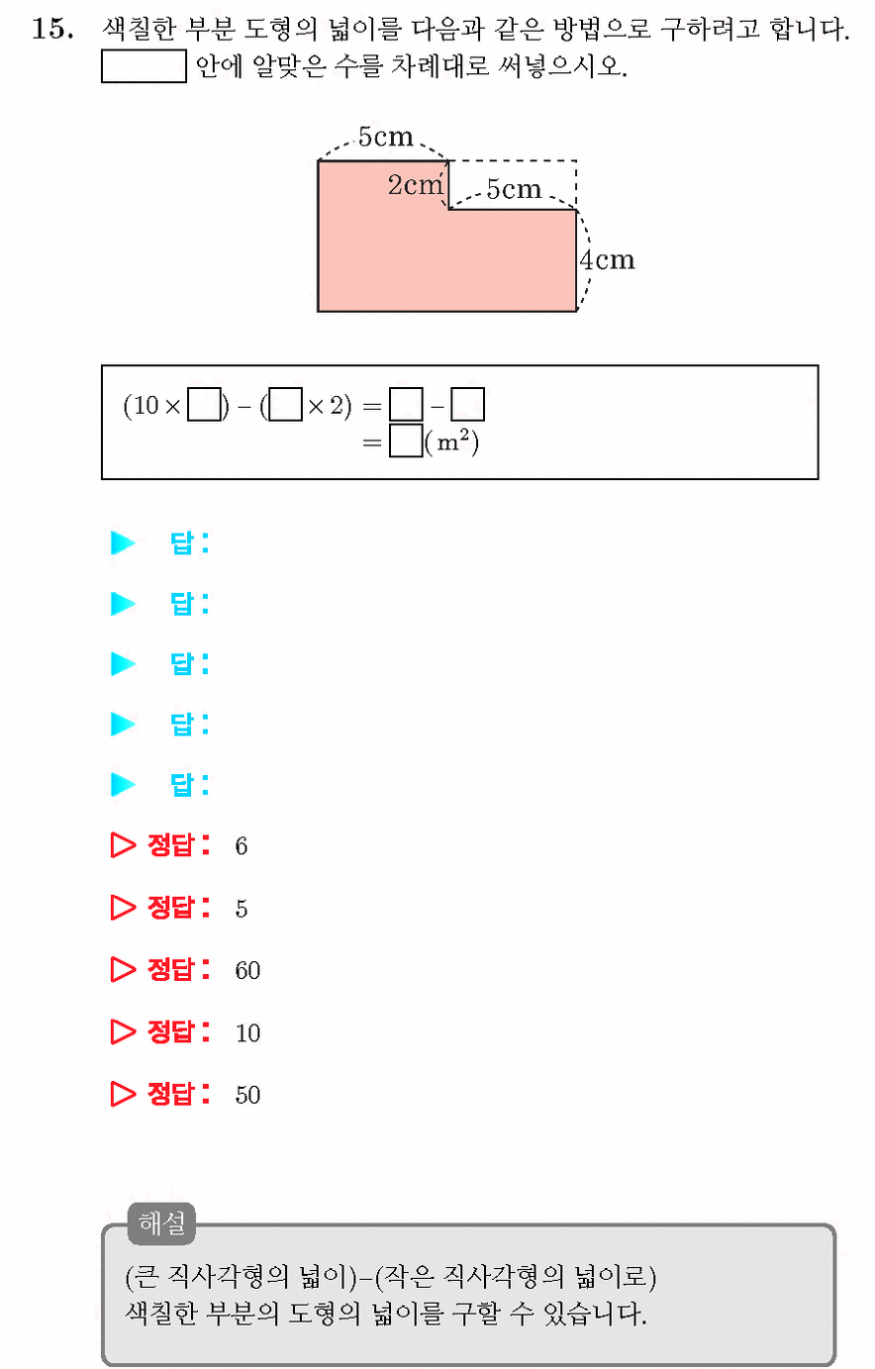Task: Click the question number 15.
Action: pyautogui.click(x=52, y=29)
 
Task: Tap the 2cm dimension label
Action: pyautogui.click(x=416, y=184)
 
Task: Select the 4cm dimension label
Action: pyautogui.click(x=608, y=259)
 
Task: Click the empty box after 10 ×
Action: pyautogui.click(x=204, y=405)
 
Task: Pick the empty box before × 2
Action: pyautogui.click(x=285, y=405)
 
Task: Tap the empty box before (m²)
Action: pyautogui.click(x=406, y=440)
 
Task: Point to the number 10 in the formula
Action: pyautogui.click(x=146, y=405)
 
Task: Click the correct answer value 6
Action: pyautogui.click(x=242, y=845)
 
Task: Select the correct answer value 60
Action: pyautogui.click(x=247, y=970)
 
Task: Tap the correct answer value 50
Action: pyautogui.click(x=247, y=1095)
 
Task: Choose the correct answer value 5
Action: pyautogui.click(x=242, y=909)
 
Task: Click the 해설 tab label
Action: pyautogui.click(x=161, y=1222)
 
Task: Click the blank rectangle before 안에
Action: pyautogui.click(x=144, y=66)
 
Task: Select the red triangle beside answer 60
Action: pyautogui.click(x=123, y=969)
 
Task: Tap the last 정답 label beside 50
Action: pyautogui.click(x=178, y=1094)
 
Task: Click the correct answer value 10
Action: pyautogui.click(x=247, y=1032)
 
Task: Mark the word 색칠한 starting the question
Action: pyautogui.click(x=140, y=29)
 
